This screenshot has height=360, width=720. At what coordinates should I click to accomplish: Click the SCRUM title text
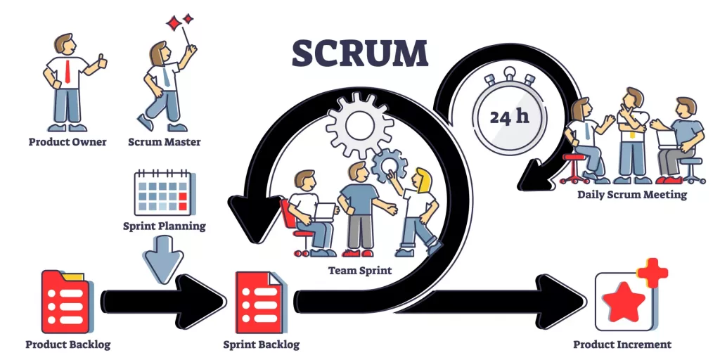coord(359,53)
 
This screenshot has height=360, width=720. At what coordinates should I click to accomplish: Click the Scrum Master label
coord(164,142)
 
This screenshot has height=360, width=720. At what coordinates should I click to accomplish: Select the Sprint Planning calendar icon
coord(163,191)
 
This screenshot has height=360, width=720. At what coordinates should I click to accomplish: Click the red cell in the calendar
coord(183,197)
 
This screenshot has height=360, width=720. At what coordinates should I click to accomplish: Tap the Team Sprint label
coord(359,269)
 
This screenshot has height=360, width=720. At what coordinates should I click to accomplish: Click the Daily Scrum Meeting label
coord(631,194)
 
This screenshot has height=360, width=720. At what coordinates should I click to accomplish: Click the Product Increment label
coord(622,345)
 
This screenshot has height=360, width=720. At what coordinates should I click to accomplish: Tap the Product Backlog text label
coord(67,345)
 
